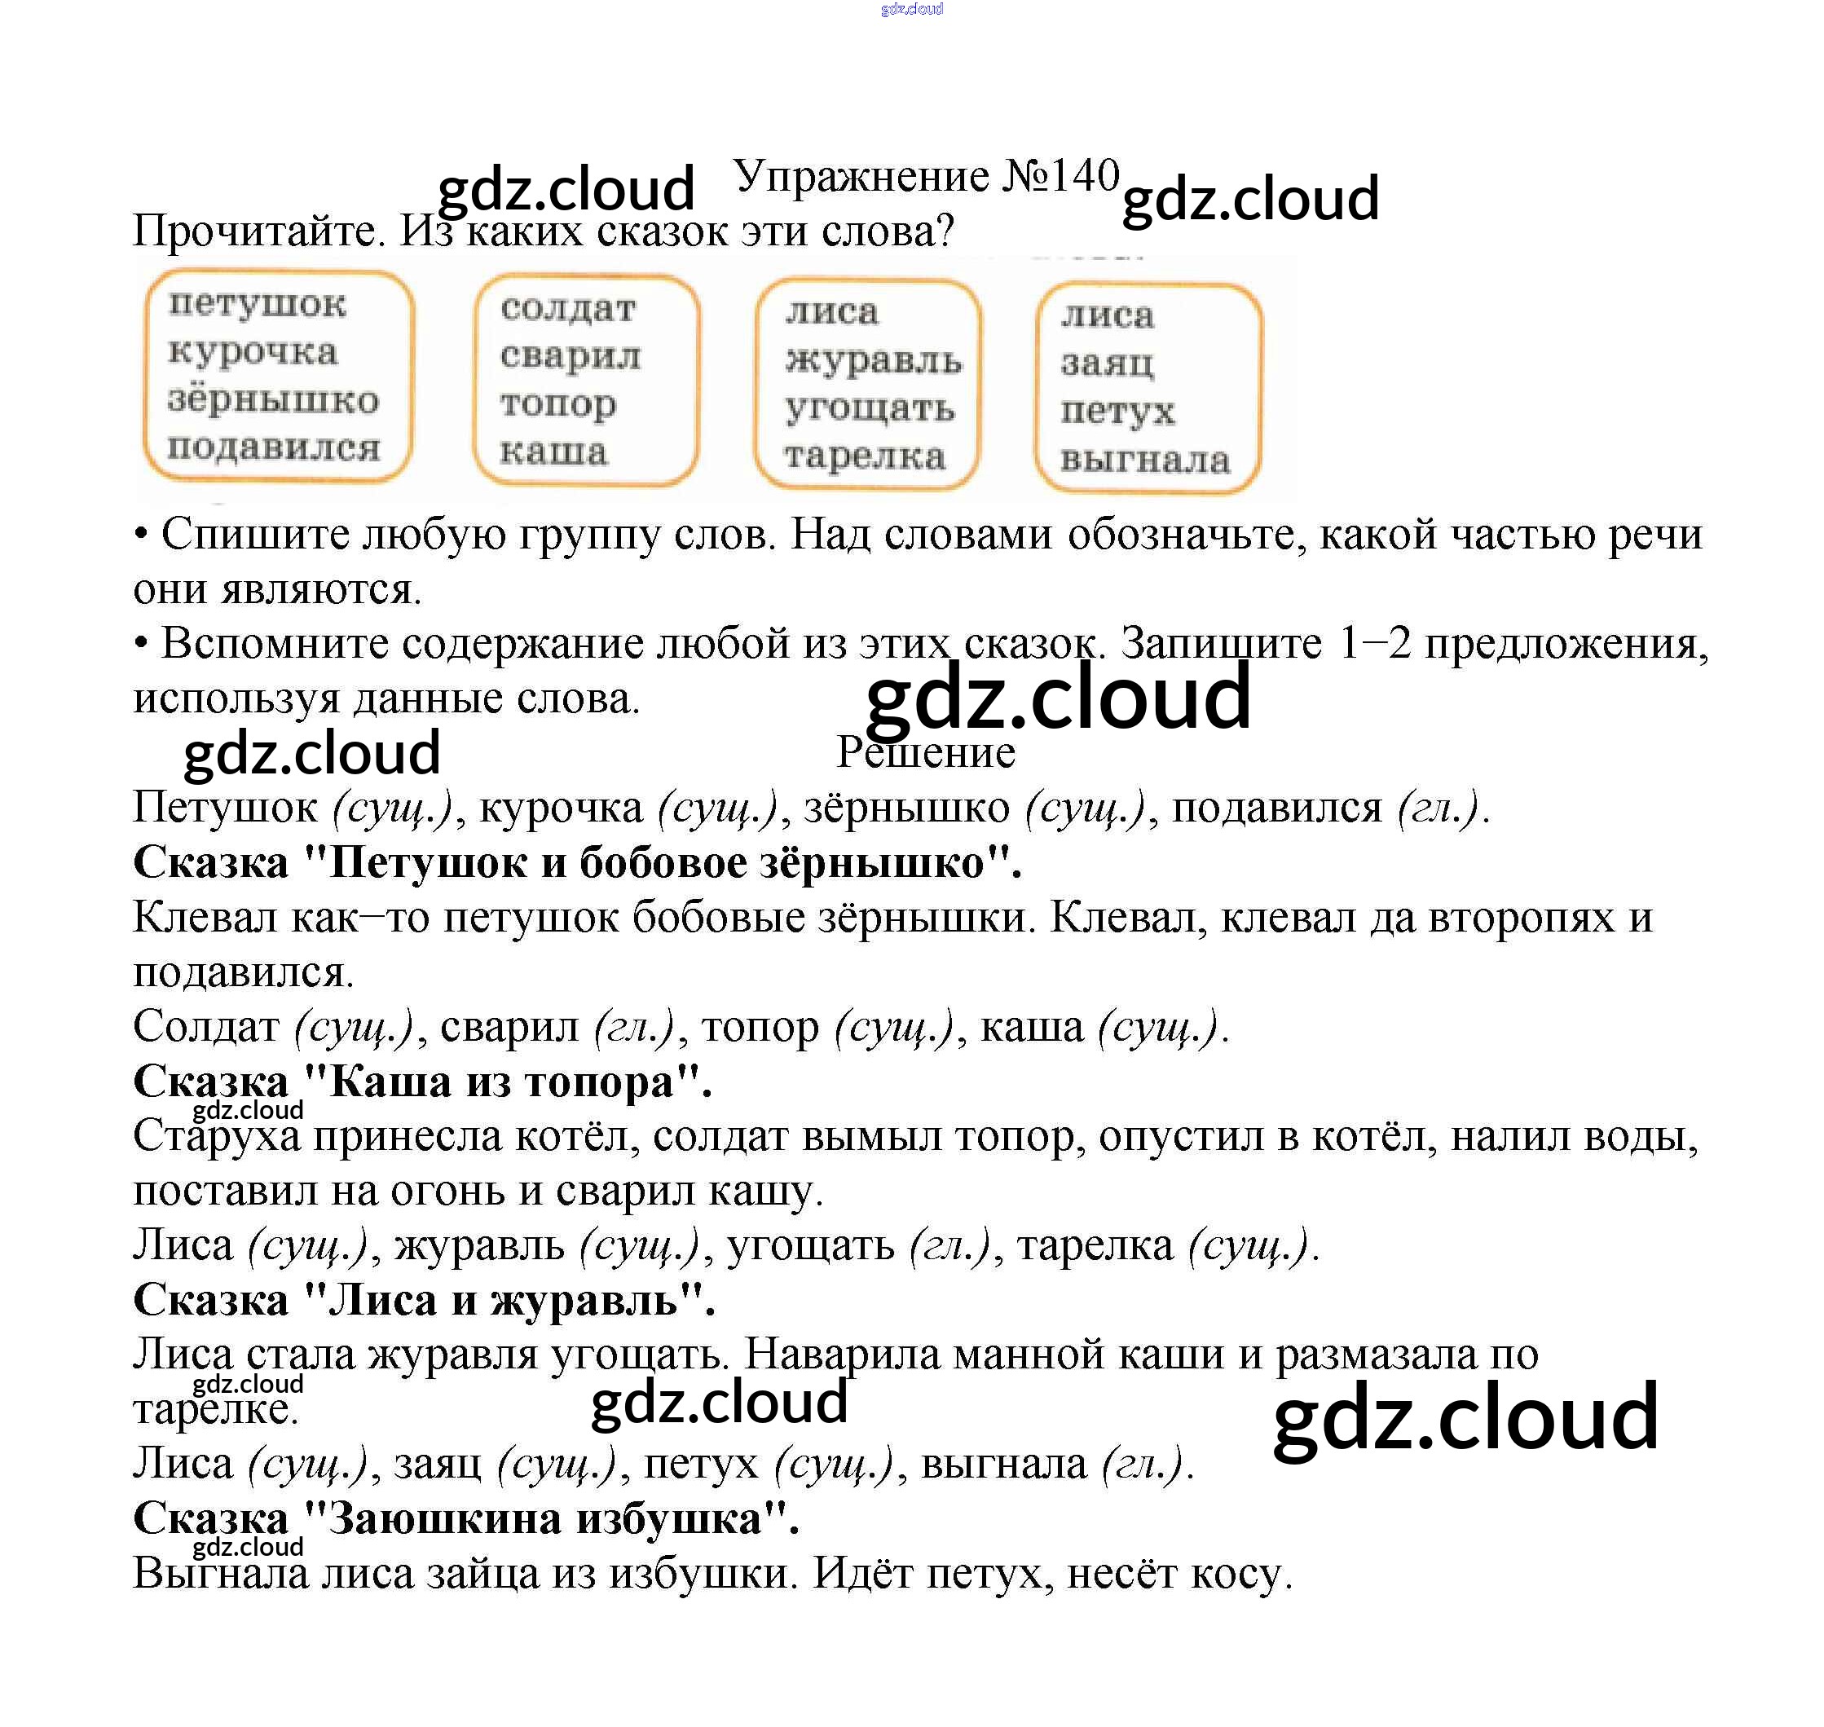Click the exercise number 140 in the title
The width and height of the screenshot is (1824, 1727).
[1083, 176]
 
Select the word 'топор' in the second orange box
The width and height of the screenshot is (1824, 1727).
[558, 404]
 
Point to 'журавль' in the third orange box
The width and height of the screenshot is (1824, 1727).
[873, 360]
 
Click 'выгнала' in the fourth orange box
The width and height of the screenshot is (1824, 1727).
[1144, 460]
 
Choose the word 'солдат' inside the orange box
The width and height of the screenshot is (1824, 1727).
[568, 308]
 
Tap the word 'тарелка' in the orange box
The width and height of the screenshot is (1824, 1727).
[865, 456]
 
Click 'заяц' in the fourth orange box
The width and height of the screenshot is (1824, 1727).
[1107, 363]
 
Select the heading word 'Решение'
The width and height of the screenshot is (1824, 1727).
[925, 752]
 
